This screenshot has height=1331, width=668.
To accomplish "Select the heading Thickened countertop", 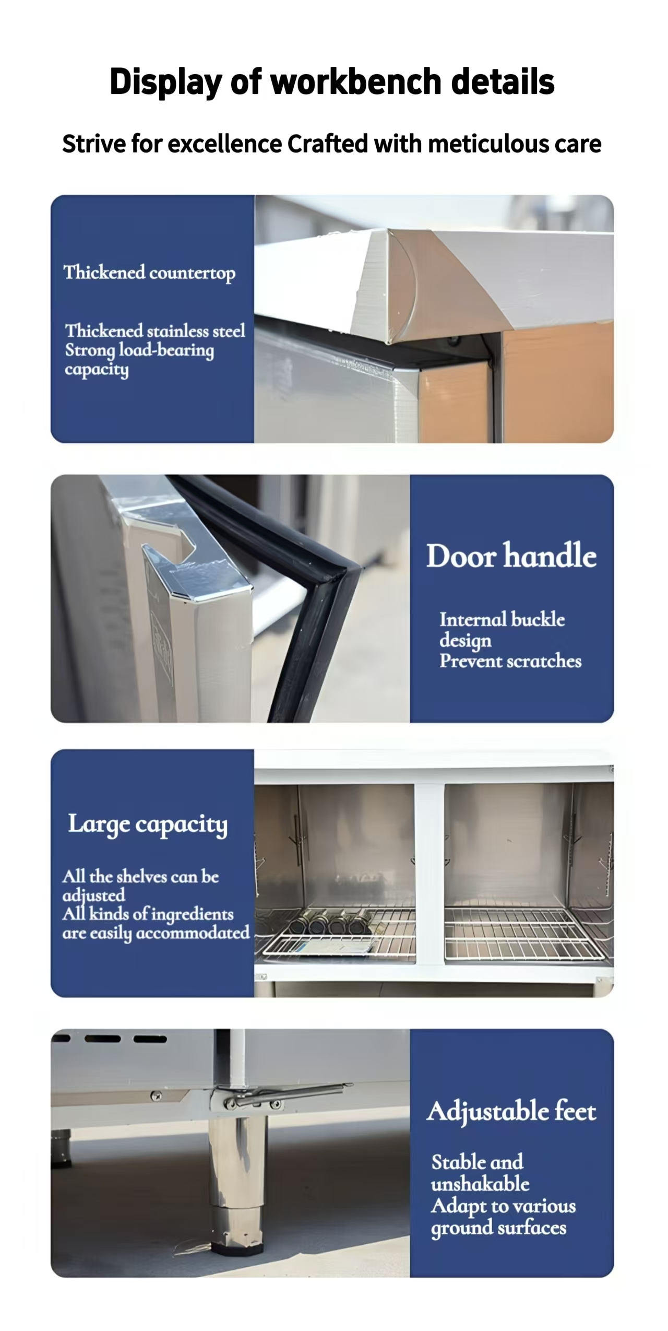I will tap(149, 273).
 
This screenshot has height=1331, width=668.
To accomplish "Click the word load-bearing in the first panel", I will tap(166, 350).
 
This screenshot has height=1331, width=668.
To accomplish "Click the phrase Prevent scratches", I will tap(510, 661).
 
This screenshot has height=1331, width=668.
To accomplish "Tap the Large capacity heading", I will tap(148, 824).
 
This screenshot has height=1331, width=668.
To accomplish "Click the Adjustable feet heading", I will tap(511, 1111).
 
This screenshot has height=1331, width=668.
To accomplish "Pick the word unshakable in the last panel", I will tap(480, 1184).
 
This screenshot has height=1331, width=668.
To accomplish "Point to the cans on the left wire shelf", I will tap(329, 923).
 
